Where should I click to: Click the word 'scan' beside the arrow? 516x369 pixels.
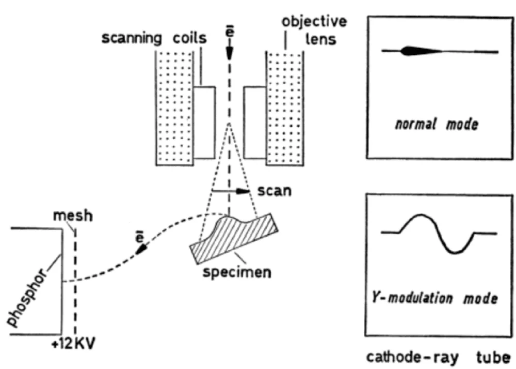click(x=276, y=190)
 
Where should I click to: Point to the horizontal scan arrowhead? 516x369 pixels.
click(x=244, y=191)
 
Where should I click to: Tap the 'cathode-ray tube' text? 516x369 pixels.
click(x=438, y=357)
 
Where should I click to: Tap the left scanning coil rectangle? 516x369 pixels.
click(x=204, y=122)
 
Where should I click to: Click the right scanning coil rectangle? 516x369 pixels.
click(x=254, y=122)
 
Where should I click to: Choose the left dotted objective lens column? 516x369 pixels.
click(x=175, y=106)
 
